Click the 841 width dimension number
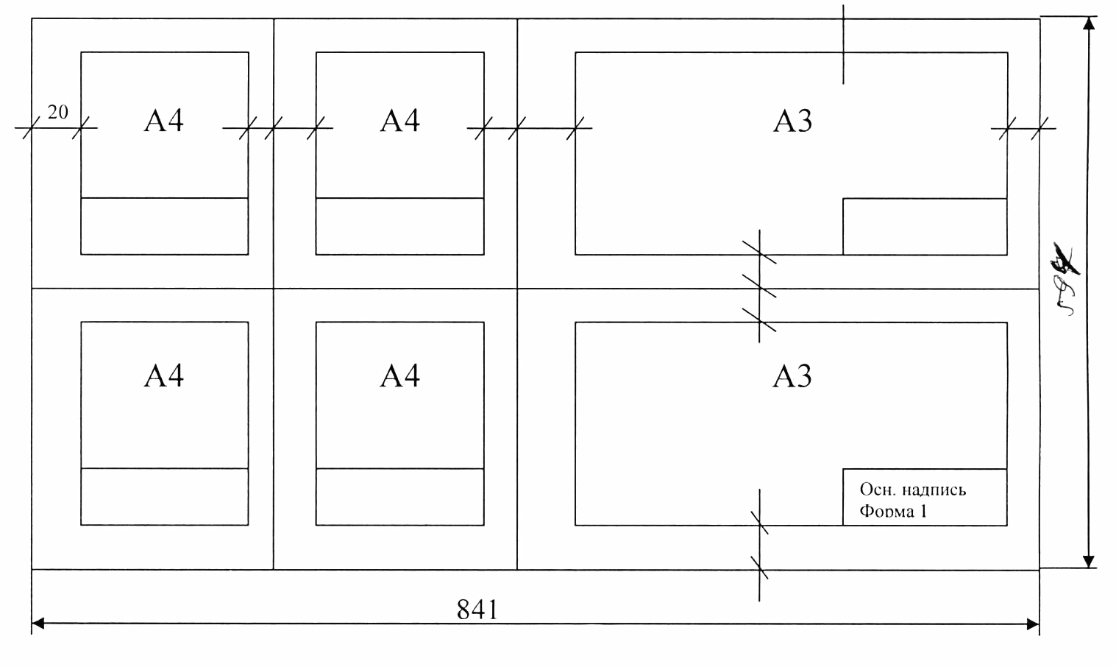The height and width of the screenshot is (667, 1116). [x=478, y=610]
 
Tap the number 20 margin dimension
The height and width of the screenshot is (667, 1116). [x=58, y=113]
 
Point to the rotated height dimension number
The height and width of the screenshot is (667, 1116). [x=1065, y=279]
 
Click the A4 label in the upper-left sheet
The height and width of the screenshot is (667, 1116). [x=164, y=121]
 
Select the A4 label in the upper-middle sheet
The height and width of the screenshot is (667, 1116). [x=400, y=121]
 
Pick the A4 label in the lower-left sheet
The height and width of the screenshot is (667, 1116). [x=163, y=376]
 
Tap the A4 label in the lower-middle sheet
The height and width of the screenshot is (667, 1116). [x=400, y=376]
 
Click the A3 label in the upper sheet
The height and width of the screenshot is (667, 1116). [x=792, y=121]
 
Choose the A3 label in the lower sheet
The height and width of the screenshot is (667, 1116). [x=792, y=377]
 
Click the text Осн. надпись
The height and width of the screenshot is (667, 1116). [x=914, y=490]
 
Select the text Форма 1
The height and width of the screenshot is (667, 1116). [x=895, y=511]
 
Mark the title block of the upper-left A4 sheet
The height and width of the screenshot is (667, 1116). [x=164, y=226]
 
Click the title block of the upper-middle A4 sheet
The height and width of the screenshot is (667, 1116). [x=399, y=226]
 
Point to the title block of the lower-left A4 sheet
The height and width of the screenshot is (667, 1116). [x=164, y=496]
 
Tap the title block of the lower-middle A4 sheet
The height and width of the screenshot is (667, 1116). [x=399, y=496]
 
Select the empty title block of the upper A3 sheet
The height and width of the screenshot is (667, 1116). [x=924, y=226]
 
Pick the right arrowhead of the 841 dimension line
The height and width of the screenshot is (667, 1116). [x=1033, y=624]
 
